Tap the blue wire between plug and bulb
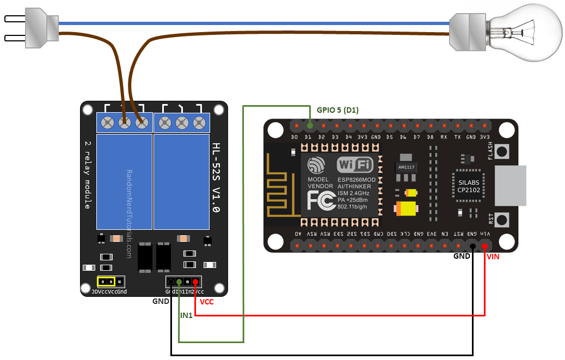(250, 23)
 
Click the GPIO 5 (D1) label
(337, 110)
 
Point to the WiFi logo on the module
(355, 164)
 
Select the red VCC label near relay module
(207, 301)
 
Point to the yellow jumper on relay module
(106, 282)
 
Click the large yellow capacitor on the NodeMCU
(407, 209)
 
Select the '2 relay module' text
(87, 174)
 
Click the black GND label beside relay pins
(161, 300)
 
